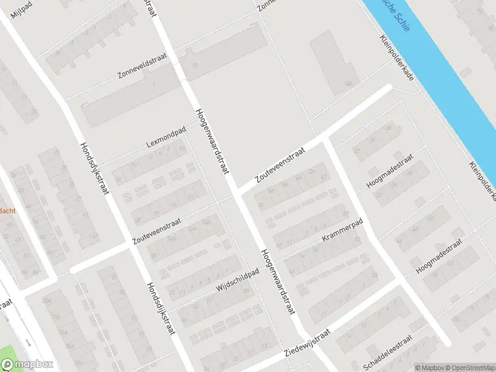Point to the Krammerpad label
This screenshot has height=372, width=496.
tap(341, 230)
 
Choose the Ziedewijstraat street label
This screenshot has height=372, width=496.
tap(306, 343)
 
